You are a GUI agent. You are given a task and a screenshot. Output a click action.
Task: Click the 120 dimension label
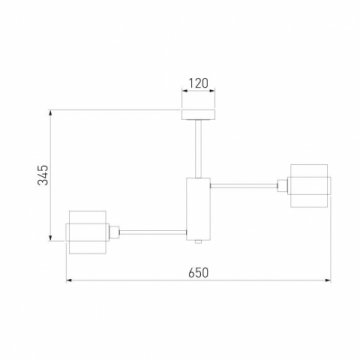[x=198, y=83]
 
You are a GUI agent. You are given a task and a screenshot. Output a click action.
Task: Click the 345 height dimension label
[x=43, y=175]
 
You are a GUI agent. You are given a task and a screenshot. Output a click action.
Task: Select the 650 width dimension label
[x=198, y=273]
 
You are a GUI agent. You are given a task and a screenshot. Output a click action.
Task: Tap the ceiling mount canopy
[x=198, y=114]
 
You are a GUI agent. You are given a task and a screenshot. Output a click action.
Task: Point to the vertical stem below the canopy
[x=198, y=149]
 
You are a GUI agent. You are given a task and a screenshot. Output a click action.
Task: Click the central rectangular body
[x=198, y=209]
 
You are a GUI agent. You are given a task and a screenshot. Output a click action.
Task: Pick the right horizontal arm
[x=244, y=186]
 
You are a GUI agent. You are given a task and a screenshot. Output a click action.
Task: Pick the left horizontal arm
[x=153, y=232]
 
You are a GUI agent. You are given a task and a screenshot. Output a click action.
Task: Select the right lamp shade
[x=309, y=186]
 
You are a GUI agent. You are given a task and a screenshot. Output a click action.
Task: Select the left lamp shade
[x=87, y=232]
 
